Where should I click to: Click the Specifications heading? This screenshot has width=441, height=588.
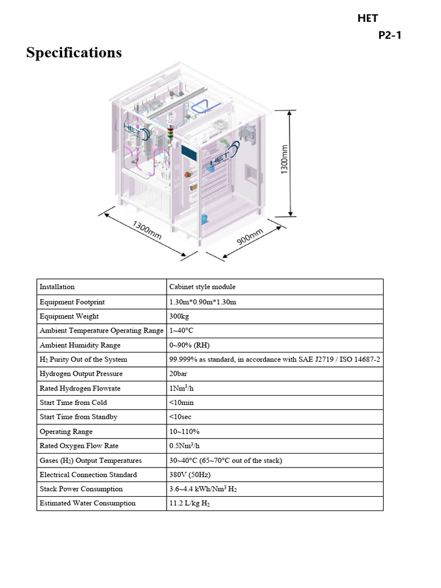[x=74, y=53]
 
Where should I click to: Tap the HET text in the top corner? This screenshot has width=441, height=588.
[x=367, y=19]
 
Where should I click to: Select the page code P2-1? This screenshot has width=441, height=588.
[x=390, y=36]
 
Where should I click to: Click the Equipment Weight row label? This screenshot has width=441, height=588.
[x=69, y=316]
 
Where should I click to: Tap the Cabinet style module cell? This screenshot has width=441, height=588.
[x=202, y=287]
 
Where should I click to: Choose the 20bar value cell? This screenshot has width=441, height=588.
[x=179, y=374]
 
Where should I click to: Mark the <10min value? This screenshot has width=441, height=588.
[x=181, y=403]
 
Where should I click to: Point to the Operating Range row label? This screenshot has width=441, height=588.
[x=66, y=432]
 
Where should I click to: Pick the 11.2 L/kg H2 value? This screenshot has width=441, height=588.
[x=189, y=504]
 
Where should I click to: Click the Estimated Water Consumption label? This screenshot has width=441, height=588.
[x=88, y=504]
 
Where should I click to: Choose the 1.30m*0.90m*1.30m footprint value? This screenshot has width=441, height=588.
[x=203, y=302]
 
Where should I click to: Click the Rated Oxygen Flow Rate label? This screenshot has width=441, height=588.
[x=79, y=446]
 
